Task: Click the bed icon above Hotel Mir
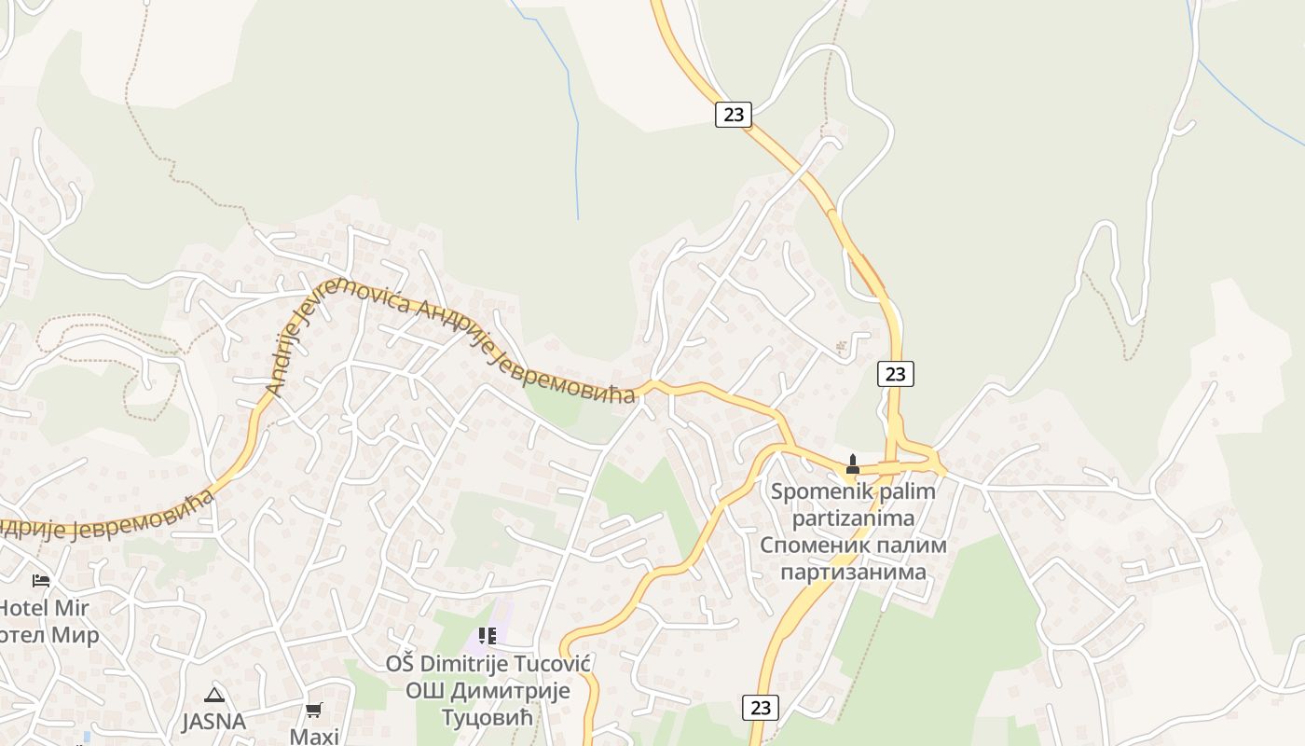point(40,580)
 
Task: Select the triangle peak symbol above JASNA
point(214,695)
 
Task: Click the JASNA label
point(213,721)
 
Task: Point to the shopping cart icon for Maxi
point(314,711)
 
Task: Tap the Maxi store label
point(314,736)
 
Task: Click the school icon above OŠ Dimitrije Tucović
point(487,636)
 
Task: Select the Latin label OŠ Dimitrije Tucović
point(488,664)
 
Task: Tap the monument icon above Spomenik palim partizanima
point(852,463)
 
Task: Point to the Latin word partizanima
point(853,518)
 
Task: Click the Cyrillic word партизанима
point(853,572)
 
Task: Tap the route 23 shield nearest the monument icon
point(895,374)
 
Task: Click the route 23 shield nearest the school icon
point(761,708)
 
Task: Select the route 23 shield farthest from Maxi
point(734,115)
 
